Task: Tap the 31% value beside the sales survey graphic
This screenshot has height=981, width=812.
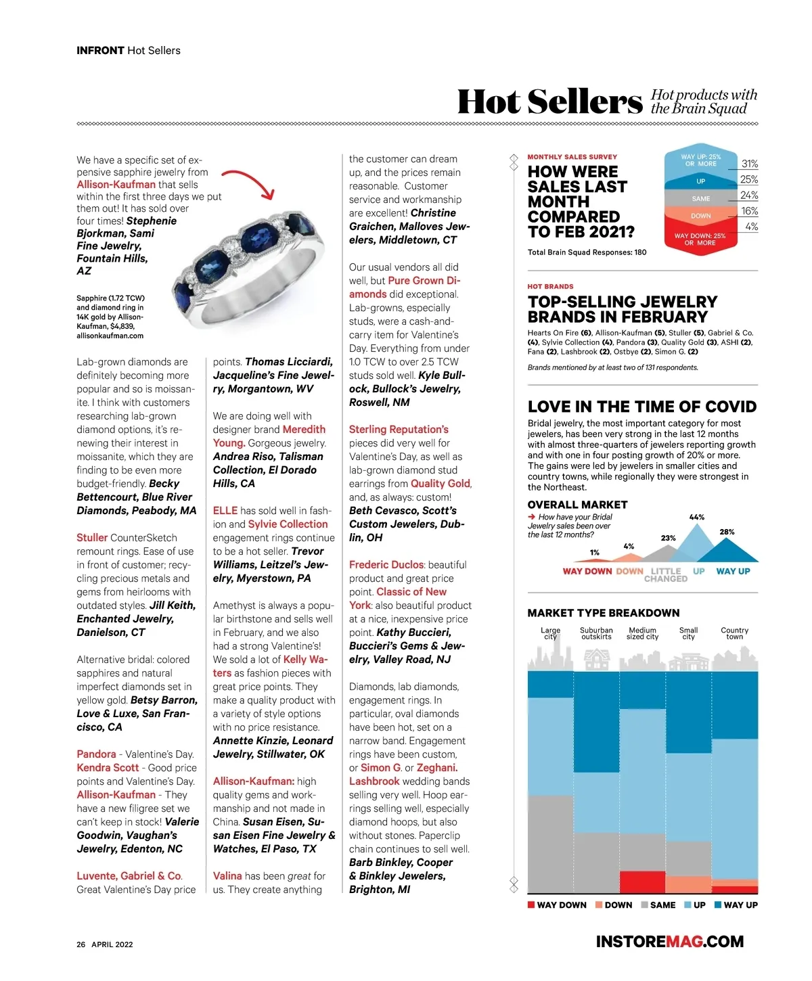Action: coord(749,164)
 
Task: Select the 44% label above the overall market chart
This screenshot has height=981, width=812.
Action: coord(696,517)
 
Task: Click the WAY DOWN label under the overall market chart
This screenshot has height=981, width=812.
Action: coord(587,571)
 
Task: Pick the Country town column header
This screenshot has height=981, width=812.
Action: coord(734,633)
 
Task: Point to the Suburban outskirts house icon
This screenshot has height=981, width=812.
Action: coord(596,658)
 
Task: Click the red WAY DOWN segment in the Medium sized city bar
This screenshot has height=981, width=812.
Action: coord(642,882)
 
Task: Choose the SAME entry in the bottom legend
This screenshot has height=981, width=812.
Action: coord(658,905)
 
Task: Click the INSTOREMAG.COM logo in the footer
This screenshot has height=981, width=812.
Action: coord(669,941)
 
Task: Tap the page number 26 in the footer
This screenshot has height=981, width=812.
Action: coord(81,944)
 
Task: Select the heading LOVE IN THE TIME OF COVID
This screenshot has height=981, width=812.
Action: coord(641,407)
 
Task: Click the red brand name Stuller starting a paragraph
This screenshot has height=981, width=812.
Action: coord(92,538)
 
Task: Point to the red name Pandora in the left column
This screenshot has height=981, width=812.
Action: coord(96,754)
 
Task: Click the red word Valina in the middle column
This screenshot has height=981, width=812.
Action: coord(227,876)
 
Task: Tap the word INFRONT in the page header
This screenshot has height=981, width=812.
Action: coord(100,51)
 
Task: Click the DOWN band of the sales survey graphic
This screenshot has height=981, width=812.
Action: coord(700,216)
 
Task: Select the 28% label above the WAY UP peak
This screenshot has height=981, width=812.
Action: coord(727,532)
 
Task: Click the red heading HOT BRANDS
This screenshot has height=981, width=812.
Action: coord(550,286)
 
